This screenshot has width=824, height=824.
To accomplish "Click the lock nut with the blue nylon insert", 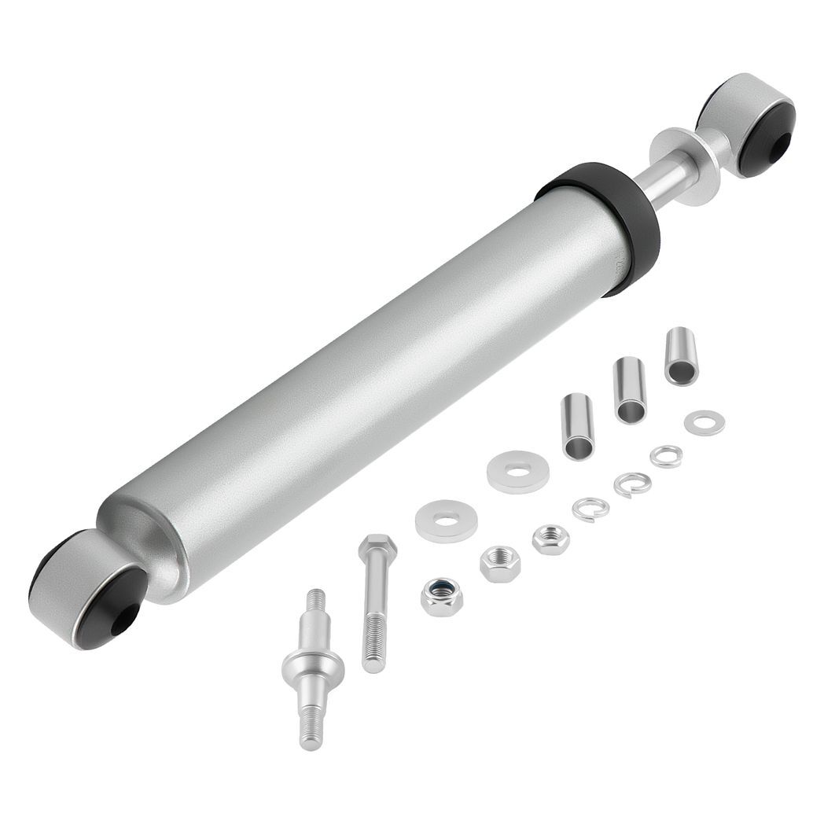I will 442,597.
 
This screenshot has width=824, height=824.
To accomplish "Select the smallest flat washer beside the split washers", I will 704,423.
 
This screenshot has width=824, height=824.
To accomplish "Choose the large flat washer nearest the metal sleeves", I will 518,470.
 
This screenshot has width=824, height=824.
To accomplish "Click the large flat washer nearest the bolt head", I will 447,521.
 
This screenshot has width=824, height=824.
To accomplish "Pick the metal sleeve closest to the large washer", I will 578,426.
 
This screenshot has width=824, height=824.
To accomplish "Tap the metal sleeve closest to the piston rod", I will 681,355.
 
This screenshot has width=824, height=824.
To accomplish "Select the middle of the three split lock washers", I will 632,484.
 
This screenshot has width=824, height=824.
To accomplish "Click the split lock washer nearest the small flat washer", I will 666,456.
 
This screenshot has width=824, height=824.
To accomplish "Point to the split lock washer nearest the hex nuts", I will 590,509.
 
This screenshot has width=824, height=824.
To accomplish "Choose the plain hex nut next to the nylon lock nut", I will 500,564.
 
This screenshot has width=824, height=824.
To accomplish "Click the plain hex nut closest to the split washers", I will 550,539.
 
